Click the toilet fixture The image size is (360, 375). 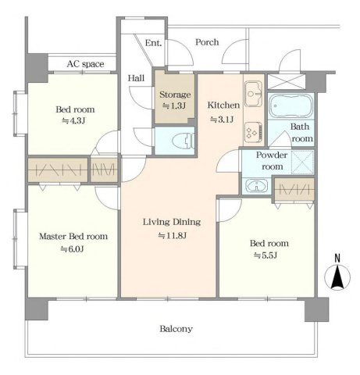[x=184, y=141]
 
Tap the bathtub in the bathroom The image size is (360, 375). [x=290, y=106]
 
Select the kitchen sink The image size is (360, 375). [x=253, y=94]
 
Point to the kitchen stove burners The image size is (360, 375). [x=253, y=133]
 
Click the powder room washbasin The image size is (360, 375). [x=257, y=186]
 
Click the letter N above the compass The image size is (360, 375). [x=337, y=258]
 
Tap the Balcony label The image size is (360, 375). [x=176, y=329]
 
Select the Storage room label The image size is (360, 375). [x=175, y=95]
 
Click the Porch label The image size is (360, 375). [x=207, y=42]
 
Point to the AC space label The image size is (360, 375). [x=85, y=64]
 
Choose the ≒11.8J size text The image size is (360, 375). [x=173, y=236]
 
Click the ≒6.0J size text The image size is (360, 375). [x=72, y=249]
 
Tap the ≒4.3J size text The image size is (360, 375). [x=73, y=121]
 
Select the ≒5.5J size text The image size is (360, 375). [x=266, y=255]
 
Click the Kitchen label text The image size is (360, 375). [x=223, y=105]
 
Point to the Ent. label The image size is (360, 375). [x=153, y=43]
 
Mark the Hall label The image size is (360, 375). [x=136, y=78]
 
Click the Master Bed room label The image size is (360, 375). [x=73, y=237]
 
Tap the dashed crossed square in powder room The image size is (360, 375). [x=302, y=162]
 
